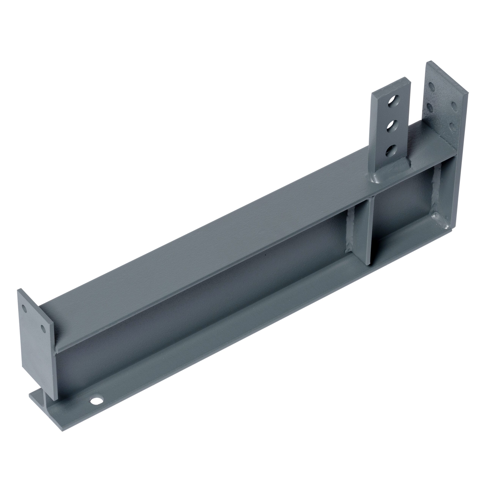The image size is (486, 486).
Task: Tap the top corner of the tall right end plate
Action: click(431, 62)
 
